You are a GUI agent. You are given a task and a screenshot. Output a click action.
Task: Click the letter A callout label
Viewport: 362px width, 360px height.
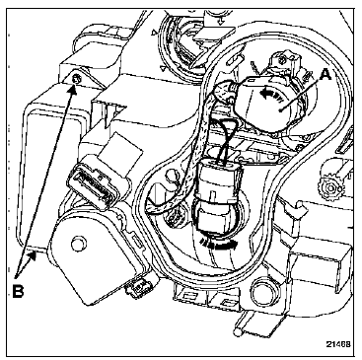[325, 75]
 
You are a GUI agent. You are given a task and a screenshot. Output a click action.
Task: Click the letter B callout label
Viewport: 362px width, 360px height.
[18, 291]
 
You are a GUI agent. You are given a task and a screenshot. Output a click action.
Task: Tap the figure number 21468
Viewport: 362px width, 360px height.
[338, 344]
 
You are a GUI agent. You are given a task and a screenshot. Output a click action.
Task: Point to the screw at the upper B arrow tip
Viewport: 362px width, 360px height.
[76, 79]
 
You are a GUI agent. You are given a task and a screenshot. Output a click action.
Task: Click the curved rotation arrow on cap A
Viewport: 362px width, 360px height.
[270, 95]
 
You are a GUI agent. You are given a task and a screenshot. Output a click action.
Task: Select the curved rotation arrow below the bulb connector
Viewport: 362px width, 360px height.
[220, 244]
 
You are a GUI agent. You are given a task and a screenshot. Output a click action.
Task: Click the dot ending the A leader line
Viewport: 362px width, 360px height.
[280, 110]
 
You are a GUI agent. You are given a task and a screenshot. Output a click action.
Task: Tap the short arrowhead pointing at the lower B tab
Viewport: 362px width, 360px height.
[32, 254]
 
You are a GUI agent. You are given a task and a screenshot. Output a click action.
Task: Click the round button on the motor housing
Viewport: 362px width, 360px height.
[78, 244]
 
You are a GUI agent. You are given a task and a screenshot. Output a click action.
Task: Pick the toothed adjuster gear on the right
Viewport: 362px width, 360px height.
[329, 188]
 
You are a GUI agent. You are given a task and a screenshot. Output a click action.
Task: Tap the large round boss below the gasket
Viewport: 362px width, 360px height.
[261, 289]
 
